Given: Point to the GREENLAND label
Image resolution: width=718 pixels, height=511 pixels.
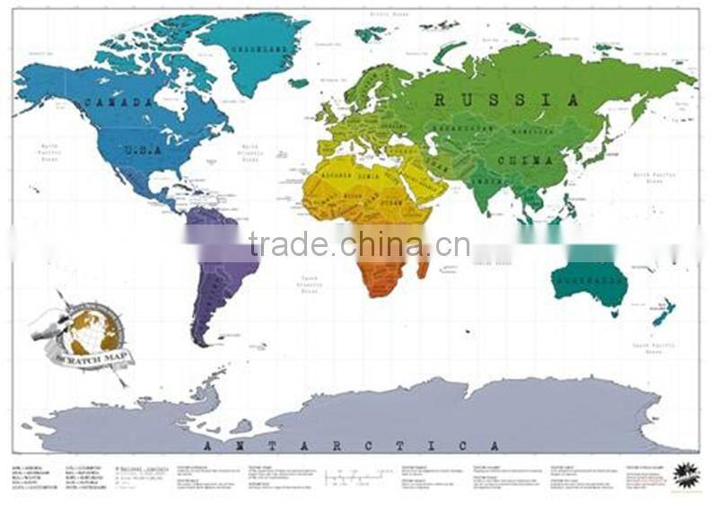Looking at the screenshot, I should click(254, 50).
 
